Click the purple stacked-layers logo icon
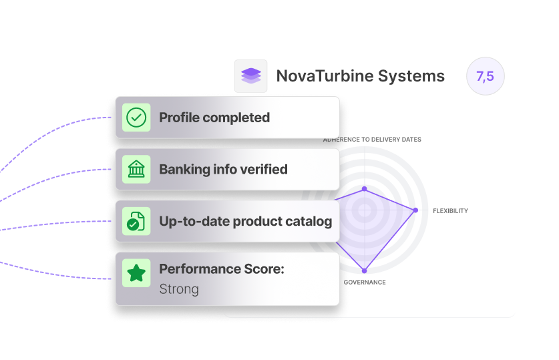[250, 76]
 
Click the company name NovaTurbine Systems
[360, 76]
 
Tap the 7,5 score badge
[485, 76]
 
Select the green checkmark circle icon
[136, 118]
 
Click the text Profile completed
[214, 118]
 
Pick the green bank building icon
[136, 170]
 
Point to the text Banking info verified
[223, 170]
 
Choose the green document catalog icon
[136, 221]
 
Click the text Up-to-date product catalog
[245, 221]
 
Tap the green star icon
[136, 273]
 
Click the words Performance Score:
[222, 269]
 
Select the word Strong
[179, 289]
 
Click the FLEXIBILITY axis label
[450, 211]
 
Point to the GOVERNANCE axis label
[365, 283]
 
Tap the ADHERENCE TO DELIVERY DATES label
[372, 140]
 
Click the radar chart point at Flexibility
[415, 210]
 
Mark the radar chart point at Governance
[365, 271]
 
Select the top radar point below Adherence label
[365, 189]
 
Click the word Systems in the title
[411, 76]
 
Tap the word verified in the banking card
[262, 170]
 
